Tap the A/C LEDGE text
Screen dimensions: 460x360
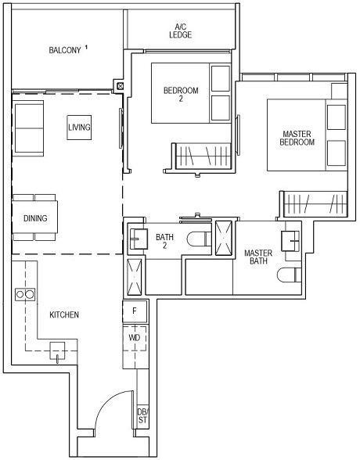[181, 31]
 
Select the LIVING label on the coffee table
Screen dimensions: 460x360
[79, 127]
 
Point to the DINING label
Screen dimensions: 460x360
[34, 218]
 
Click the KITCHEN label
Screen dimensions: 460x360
[64, 314]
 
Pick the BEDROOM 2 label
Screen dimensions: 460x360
[180, 95]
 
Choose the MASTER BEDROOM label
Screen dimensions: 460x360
[297, 138]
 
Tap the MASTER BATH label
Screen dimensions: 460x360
[257, 257]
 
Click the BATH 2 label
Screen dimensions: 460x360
[164, 240]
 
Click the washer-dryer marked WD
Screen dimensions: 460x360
[135, 338]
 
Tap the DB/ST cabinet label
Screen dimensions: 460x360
[142, 415]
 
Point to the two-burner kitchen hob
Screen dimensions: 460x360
[25, 294]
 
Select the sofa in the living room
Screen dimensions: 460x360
[30, 127]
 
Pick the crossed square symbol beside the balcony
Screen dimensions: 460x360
[119, 85]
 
